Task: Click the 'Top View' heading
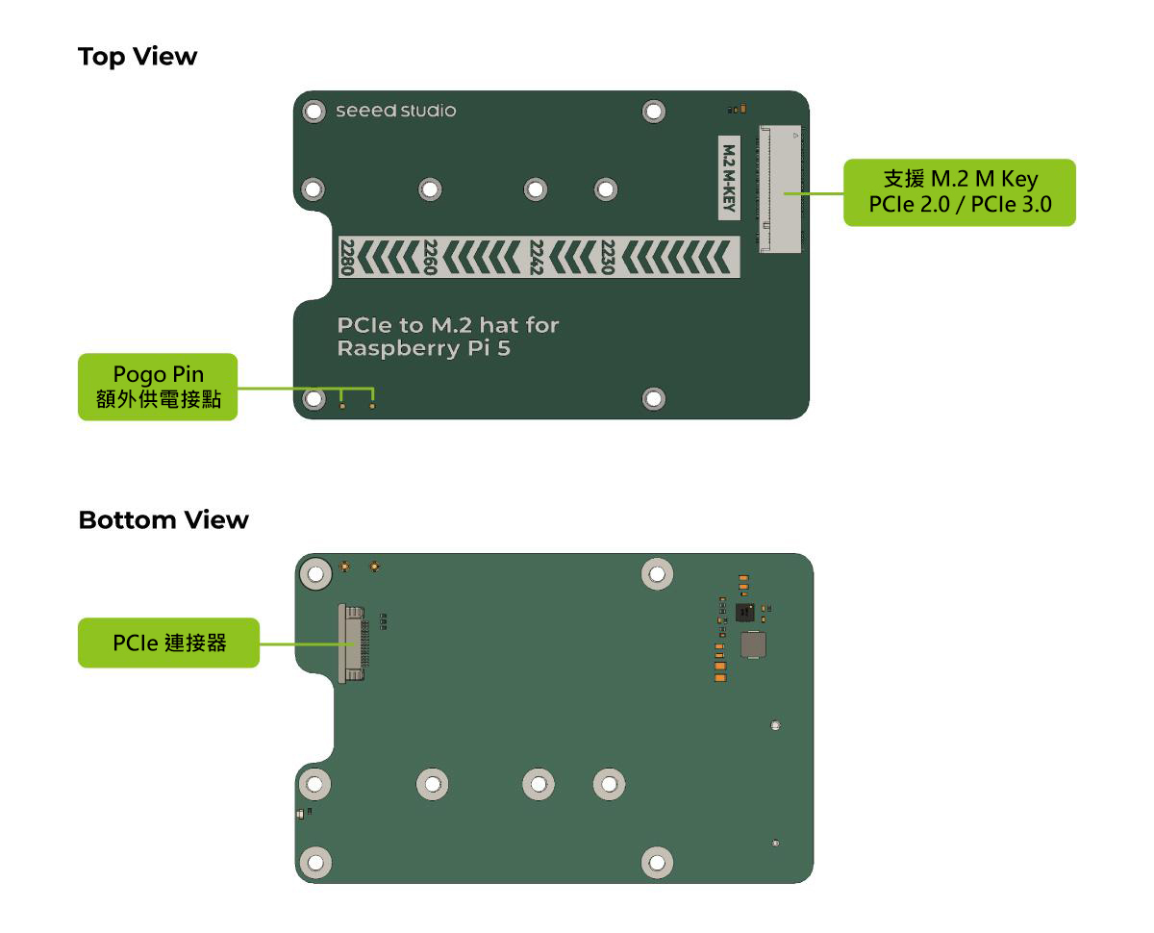click(138, 57)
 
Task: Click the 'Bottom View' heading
click(163, 520)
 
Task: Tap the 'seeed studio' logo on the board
click(395, 111)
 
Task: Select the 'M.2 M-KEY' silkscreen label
click(729, 179)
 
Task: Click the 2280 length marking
click(347, 258)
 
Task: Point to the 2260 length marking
click(430, 258)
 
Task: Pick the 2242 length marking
click(537, 258)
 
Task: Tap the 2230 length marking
click(607, 258)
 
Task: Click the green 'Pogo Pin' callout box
click(158, 387)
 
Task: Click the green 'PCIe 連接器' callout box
click(168, 643)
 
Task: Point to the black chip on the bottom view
click(744, 613)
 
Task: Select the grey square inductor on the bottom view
click(752, 645)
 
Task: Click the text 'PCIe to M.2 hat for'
click(447, 325)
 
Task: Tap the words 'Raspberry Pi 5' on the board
click(423, 348)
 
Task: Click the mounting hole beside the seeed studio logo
click(314, 112)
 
